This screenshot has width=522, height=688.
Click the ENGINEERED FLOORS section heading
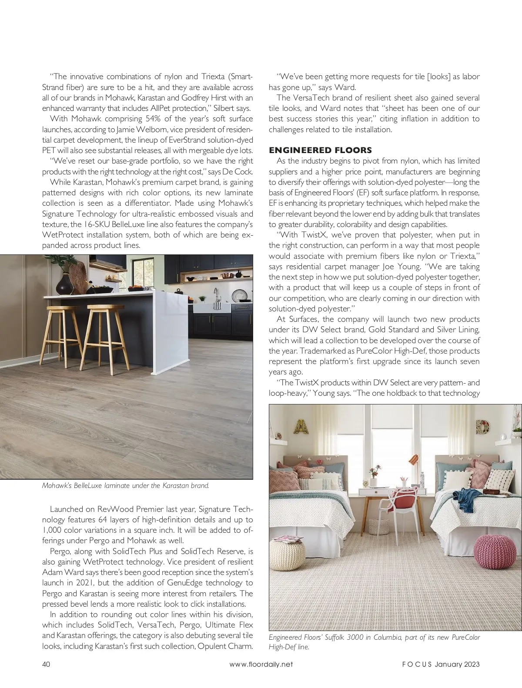coord(320,150)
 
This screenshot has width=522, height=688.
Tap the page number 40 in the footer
coord(46,664)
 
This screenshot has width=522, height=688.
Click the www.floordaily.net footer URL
coord(261,664)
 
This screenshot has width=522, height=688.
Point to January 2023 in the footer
coord(457,664)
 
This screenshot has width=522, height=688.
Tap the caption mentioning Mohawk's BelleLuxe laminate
coord(125,485)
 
